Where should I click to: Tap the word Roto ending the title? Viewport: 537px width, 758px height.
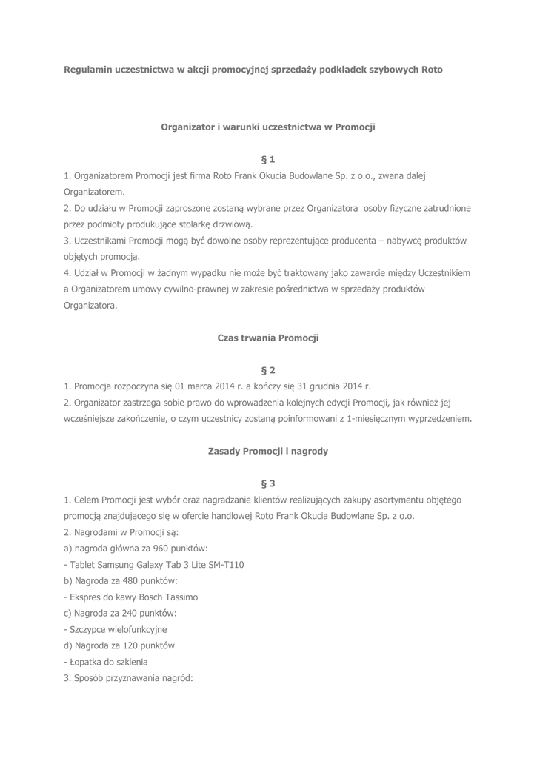coord(432,70)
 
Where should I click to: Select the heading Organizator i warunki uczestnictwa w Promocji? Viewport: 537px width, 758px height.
coord(268,127)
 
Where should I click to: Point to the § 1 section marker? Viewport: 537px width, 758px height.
coord(268,159)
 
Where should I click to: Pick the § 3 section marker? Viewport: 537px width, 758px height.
coord(268,483)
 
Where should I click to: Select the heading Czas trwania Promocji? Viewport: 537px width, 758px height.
coord(268,338)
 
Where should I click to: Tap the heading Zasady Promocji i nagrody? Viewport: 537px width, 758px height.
coord(268,451)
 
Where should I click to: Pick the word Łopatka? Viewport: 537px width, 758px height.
coord(87,662)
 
